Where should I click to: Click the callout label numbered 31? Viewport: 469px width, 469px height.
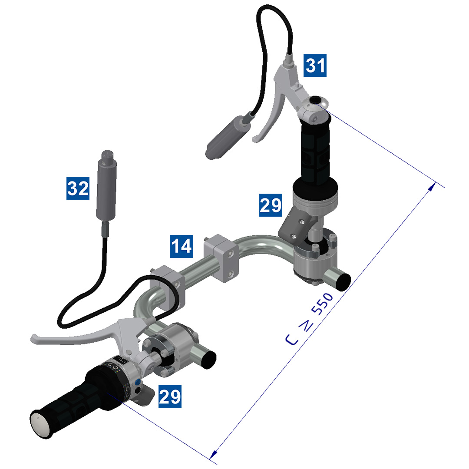(315, 66)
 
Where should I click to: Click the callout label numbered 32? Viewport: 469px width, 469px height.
(78, 188)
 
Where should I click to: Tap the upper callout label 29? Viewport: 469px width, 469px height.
(271, 205)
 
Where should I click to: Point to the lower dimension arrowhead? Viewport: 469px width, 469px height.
(212, 455)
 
